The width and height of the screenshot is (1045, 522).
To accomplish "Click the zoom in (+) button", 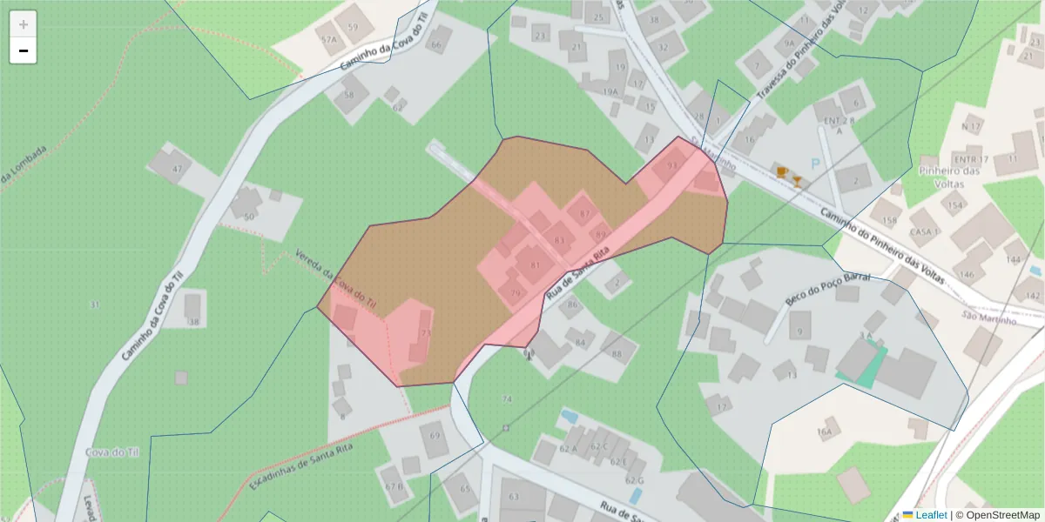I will [23, 24].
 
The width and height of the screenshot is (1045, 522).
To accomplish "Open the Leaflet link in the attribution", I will [931, 515].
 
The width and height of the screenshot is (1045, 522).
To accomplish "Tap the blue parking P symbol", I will [816, 163].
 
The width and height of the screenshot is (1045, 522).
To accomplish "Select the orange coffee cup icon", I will [782, 171].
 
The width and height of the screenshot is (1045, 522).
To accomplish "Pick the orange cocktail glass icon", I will [797, 181].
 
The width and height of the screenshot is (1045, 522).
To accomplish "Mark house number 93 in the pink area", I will [671, 165].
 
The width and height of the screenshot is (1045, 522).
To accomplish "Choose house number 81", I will [535, 265].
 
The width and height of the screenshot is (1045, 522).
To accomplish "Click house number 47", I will [178, 169].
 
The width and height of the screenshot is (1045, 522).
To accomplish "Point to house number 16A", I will [825, 432].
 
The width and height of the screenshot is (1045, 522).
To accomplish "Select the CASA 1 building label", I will [923, 232].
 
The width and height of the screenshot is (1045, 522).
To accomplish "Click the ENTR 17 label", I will [971, 160].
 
